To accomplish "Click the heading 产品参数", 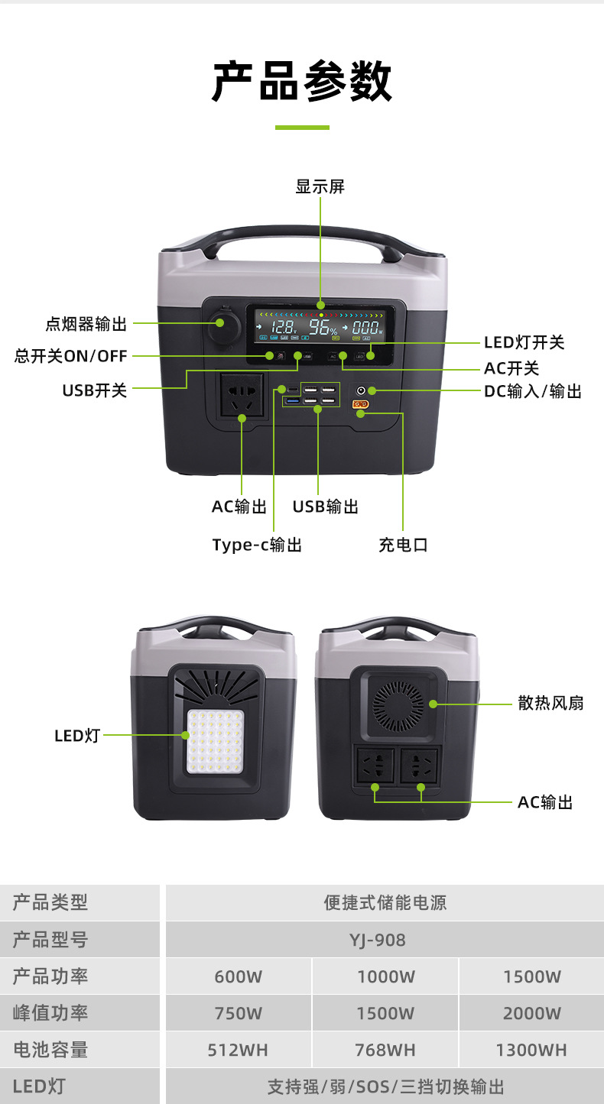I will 301,82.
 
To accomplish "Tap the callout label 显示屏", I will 320,186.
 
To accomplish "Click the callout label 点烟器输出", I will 86,324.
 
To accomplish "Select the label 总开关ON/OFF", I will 71,356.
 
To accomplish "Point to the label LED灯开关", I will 524,342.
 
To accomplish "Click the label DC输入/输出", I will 533,391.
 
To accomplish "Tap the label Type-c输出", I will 257,545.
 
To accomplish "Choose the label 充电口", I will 403,545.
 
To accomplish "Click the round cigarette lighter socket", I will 222,324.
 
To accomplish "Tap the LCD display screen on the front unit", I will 320,326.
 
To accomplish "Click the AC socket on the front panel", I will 242,396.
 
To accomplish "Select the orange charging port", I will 360,404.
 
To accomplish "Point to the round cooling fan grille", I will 398,703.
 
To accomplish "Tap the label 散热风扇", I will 550,703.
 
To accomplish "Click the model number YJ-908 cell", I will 384,940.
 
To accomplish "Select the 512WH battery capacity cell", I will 238,1050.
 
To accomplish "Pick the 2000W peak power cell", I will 531,1013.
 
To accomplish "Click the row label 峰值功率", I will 50,1013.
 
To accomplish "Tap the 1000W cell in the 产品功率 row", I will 385,976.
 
